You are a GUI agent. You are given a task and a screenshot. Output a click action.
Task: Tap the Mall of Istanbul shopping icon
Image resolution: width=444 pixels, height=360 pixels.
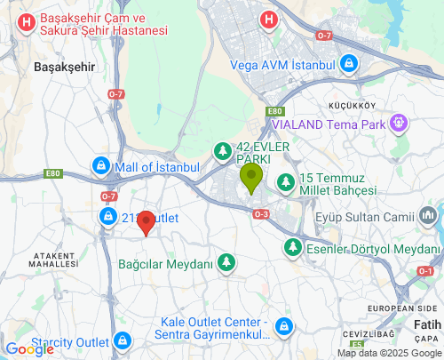pos(102,166)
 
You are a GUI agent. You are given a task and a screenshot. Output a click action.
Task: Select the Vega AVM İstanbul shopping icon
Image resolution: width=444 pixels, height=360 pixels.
pos(350,65)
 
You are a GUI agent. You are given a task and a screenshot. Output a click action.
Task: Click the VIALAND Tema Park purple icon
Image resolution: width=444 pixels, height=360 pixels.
pos(400,124)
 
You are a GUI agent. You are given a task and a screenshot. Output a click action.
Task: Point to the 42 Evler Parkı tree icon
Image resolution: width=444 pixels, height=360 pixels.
pos(222,152)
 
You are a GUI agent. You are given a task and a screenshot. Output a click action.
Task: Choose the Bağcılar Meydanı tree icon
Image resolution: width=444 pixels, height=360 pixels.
pos(227,263)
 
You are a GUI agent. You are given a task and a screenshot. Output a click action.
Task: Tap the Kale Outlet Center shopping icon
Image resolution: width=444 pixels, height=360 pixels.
pos(284,327)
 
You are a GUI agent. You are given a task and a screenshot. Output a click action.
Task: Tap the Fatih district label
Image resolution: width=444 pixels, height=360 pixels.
pos(427,324)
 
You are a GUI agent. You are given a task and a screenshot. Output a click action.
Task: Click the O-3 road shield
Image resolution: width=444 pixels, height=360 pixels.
pos(260,214)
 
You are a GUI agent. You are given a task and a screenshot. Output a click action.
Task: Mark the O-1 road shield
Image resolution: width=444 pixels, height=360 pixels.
pos(426,270)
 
